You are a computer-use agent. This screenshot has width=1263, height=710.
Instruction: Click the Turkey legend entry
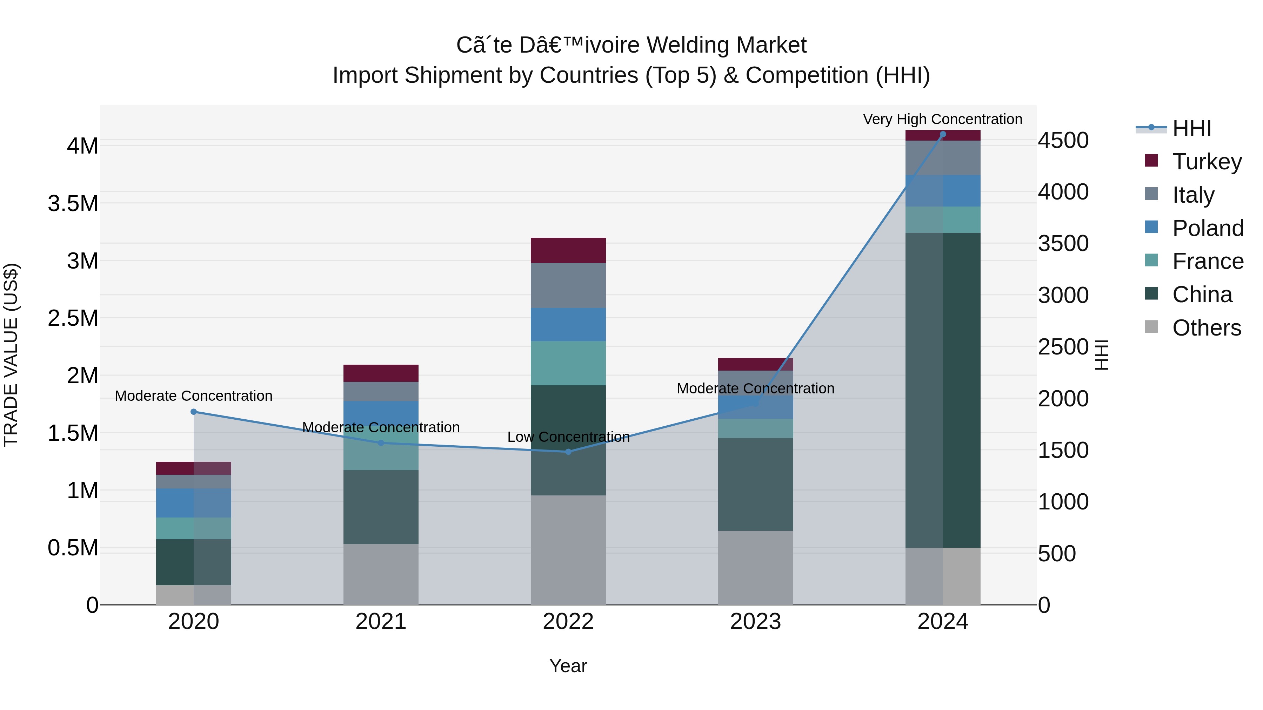coord(1207,162)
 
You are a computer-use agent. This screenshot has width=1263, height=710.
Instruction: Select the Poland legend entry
coord(1208,228)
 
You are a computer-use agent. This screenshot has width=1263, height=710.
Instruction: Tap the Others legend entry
coord(1206,328)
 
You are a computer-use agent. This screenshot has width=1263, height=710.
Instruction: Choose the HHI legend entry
coord(1191,128)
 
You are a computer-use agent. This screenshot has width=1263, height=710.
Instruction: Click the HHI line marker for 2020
coord(194,412)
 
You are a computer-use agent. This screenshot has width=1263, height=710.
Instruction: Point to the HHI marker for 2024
coord(942,134)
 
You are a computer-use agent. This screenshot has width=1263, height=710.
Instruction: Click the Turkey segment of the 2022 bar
coord(568,250)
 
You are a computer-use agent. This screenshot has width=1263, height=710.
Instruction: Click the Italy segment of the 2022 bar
coord(568,285)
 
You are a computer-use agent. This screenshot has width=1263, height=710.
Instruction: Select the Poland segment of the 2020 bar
coord(194,503)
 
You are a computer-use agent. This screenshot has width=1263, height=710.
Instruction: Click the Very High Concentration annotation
coord(942,120)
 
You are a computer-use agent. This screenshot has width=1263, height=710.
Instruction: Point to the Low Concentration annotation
coord(568,437)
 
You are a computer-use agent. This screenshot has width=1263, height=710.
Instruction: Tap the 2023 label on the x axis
coord(755,622)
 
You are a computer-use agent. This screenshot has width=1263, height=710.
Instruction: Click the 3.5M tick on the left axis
coord(73,203)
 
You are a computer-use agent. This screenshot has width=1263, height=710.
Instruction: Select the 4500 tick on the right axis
coord(1063,141)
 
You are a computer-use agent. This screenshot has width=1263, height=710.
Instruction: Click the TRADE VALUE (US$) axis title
coord(11,355)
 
